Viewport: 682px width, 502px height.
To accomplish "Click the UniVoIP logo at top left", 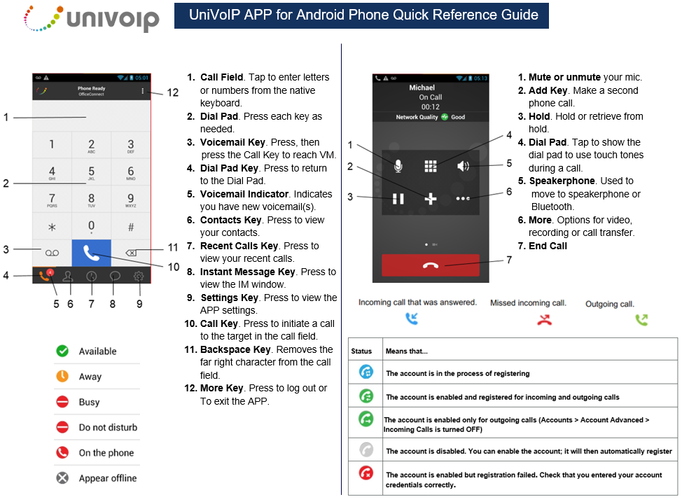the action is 91,19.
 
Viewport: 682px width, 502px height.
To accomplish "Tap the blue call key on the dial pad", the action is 91,253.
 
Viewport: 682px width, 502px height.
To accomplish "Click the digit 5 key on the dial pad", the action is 91,172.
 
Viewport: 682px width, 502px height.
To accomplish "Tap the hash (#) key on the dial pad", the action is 131,227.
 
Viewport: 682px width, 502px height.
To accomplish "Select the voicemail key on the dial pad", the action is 53,253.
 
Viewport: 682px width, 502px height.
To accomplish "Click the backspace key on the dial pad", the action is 131,253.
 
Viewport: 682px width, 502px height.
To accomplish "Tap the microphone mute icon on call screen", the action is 398,166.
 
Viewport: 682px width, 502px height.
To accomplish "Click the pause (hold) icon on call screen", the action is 398,199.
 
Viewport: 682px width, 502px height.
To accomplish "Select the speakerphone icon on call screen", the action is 464,166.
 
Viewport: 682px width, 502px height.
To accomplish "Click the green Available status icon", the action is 62,351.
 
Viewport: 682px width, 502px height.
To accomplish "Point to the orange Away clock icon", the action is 62,376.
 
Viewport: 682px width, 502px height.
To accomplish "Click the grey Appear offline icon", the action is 62,478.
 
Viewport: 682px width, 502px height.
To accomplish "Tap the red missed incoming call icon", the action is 544,320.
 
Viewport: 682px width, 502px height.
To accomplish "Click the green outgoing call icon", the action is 641,320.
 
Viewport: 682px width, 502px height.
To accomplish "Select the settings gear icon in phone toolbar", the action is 139,277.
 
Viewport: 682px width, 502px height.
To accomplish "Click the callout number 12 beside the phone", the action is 173,92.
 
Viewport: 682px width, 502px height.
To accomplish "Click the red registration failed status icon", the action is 366,473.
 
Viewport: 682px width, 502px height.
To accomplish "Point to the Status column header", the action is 361,351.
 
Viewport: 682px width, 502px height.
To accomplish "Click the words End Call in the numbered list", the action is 548,246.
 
